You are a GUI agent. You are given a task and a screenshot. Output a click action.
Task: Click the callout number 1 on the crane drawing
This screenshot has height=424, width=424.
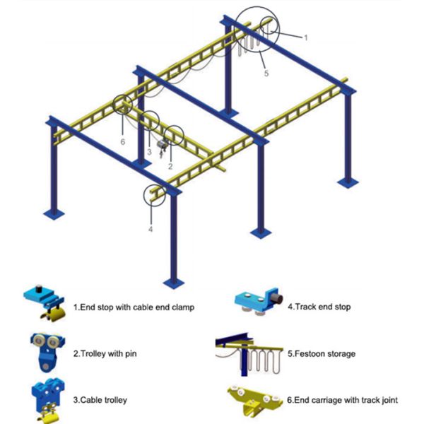pyautogui.click(x=305, y=37)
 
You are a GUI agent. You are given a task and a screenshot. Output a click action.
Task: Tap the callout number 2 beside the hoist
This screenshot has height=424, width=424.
pyautogui.click(x=170, y=166)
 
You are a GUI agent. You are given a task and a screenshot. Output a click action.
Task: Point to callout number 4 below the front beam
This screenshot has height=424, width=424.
pyautogui.click(x=150, y=230)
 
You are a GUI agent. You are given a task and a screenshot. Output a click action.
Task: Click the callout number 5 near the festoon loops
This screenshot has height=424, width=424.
pyautogui.click(x=266, y=71)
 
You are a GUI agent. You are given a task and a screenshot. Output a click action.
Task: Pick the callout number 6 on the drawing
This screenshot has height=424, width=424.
pyautogui.click(x=122, y=141)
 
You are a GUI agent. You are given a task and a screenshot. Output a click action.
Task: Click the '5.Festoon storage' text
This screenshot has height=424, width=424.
pyautogui.click(x=321, y=353)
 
